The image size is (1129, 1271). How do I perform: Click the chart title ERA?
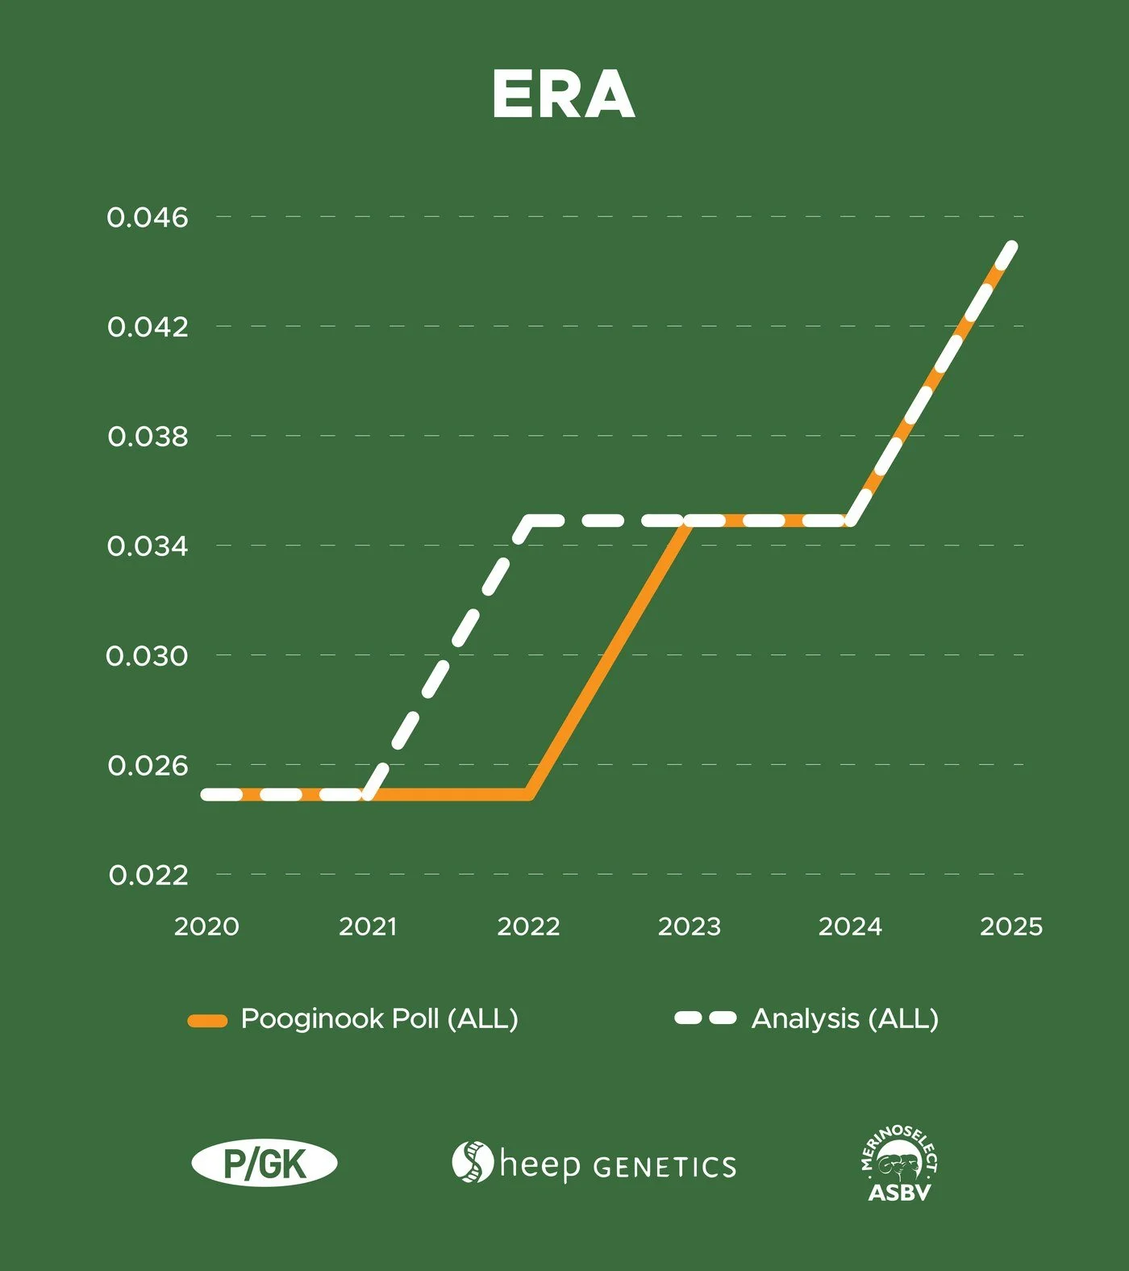pos(563,94)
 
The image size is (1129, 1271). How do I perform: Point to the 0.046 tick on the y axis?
pos(148,217)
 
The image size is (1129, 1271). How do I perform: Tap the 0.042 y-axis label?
pos(148,327)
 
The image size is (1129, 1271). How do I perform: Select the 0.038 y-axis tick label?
pos(148,437)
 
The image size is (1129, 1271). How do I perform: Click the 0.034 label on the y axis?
pos(148,546)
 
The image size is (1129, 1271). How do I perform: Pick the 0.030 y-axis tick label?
pos(148,656)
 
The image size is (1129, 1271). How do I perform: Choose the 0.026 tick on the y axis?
pos(148,766)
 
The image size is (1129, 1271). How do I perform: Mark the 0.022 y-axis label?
pos(148,876)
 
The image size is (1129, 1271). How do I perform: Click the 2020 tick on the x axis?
pos(206,926)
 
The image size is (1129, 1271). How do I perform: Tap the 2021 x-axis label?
pos(368,926)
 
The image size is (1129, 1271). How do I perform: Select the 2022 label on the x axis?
pos(528,926)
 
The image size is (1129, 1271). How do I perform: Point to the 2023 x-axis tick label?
pos(689,926)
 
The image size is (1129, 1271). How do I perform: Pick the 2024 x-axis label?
pos(850,926)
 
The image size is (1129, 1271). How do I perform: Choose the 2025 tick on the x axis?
pos(1011,926)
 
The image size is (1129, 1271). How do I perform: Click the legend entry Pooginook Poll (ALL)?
pos(352,1019)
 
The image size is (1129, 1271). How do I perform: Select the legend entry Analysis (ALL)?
pos(807,1019)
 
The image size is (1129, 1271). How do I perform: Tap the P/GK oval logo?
pos(265,1164)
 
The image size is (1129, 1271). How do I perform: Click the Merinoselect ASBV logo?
pos(899,1164)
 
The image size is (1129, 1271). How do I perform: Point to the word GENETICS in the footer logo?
pos(664,1168)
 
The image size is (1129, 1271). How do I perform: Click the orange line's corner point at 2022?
pos(528,794)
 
